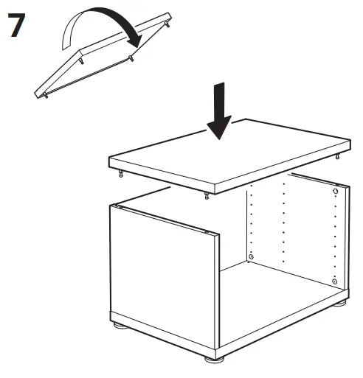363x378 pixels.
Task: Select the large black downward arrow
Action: click(220, 111)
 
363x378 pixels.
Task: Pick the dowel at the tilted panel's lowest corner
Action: click(46, 96)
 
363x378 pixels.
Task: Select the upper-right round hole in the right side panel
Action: click(336, 192)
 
